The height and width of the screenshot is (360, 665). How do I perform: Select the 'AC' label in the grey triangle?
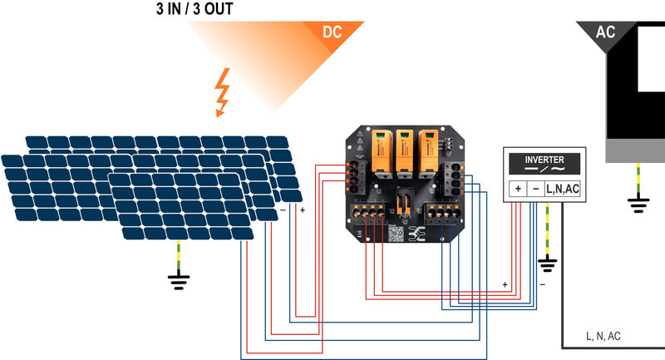click(605, 32)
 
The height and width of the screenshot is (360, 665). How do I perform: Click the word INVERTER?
click(544, 160)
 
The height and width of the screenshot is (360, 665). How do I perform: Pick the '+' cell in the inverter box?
click(517, 190)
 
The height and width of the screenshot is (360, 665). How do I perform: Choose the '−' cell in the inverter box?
click(535, 190)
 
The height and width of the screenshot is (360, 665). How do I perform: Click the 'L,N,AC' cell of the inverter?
click(563, 190)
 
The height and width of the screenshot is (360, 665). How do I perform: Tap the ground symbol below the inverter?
click(547, 266)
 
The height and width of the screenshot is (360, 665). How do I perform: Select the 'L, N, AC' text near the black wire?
click(603, 336)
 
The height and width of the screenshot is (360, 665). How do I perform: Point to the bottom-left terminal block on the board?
click(369, 215)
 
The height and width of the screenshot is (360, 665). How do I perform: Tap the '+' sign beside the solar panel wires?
click(302, 211)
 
